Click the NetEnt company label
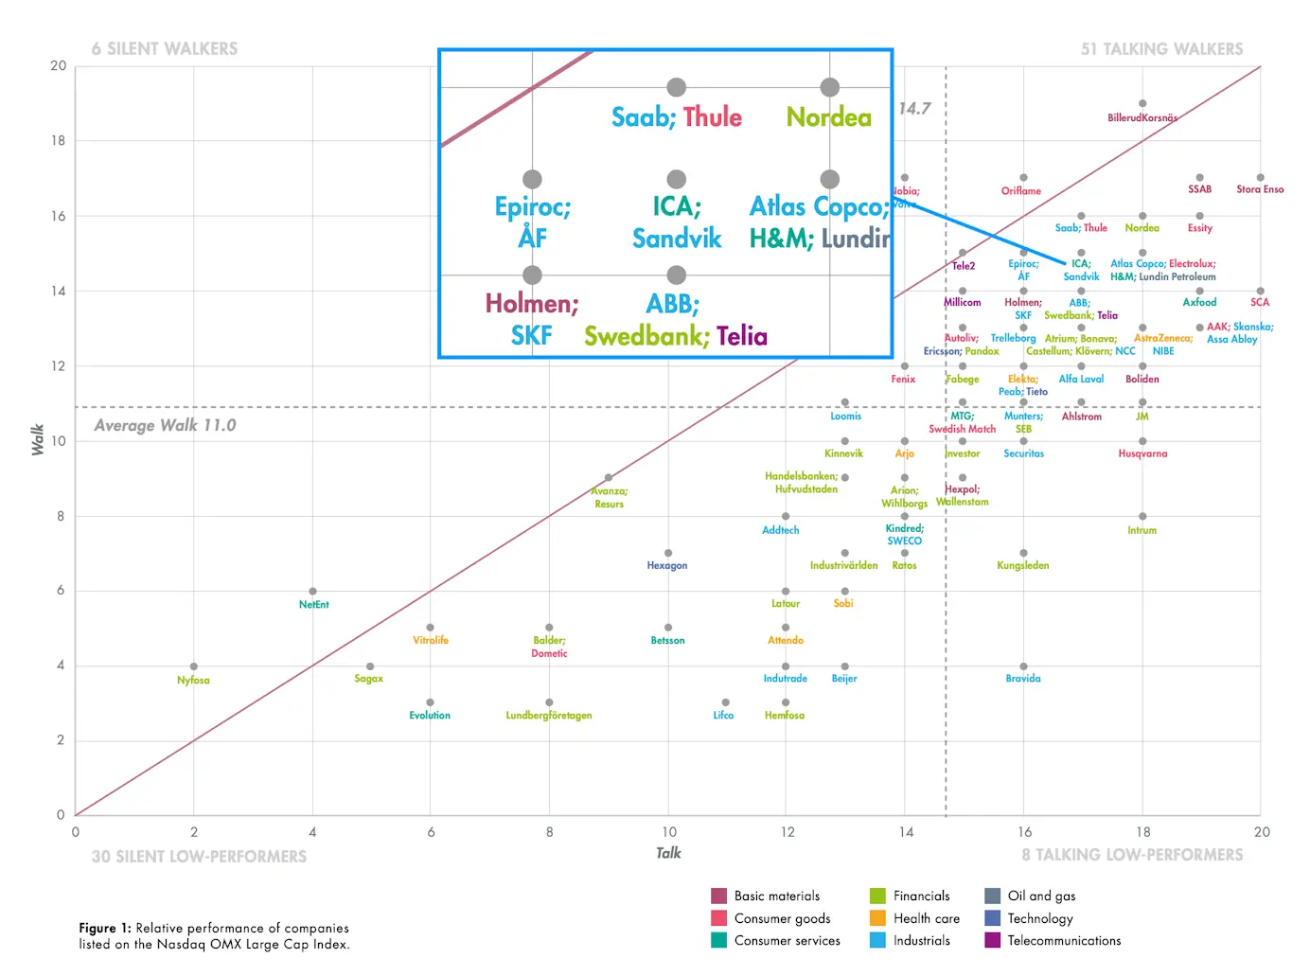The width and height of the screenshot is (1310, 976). [313, 604]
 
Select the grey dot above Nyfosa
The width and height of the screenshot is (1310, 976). [194, 666]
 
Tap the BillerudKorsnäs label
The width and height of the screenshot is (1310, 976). [1142, 117]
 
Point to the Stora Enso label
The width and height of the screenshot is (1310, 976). [1260, 189]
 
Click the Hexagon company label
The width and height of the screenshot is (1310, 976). [667, 565]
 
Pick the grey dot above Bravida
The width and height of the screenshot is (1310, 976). [1023, 666]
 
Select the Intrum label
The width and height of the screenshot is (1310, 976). [1142, 530]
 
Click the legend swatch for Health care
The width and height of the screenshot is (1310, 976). [877, 918]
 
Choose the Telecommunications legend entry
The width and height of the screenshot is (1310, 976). [1064, 940]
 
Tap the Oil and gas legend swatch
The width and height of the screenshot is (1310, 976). [992, 896]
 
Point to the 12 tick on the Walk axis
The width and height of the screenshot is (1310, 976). [59, 365]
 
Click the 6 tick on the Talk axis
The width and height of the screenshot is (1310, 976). [431, 832]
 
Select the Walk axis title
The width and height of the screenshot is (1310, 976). [38, 440]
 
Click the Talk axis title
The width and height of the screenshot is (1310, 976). [668, 853]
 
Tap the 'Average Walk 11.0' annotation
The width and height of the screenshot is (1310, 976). [165, 425]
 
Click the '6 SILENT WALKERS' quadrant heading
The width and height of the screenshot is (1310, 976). [165, 48]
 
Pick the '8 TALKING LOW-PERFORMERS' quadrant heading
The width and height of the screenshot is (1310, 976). [1132, 855]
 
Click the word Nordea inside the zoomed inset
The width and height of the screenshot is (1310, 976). [829, 117]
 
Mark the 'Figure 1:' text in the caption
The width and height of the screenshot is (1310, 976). [104, 928]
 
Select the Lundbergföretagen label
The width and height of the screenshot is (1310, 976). [549, 716]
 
